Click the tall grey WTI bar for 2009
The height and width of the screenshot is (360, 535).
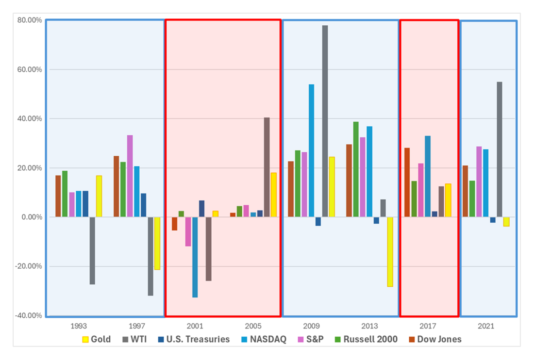point(325,121)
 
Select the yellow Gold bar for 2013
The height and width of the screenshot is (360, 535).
point(390,252)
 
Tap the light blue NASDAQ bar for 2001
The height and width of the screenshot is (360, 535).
point(195,257)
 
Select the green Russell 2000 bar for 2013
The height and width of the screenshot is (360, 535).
point(356,169)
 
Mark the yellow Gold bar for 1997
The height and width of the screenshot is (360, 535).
point(157,243)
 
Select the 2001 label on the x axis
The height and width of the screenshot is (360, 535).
point(195,326)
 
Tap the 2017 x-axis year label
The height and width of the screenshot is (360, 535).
point(428,326)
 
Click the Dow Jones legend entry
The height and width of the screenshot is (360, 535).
point(434,339)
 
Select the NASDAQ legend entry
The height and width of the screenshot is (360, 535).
point(264,339)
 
